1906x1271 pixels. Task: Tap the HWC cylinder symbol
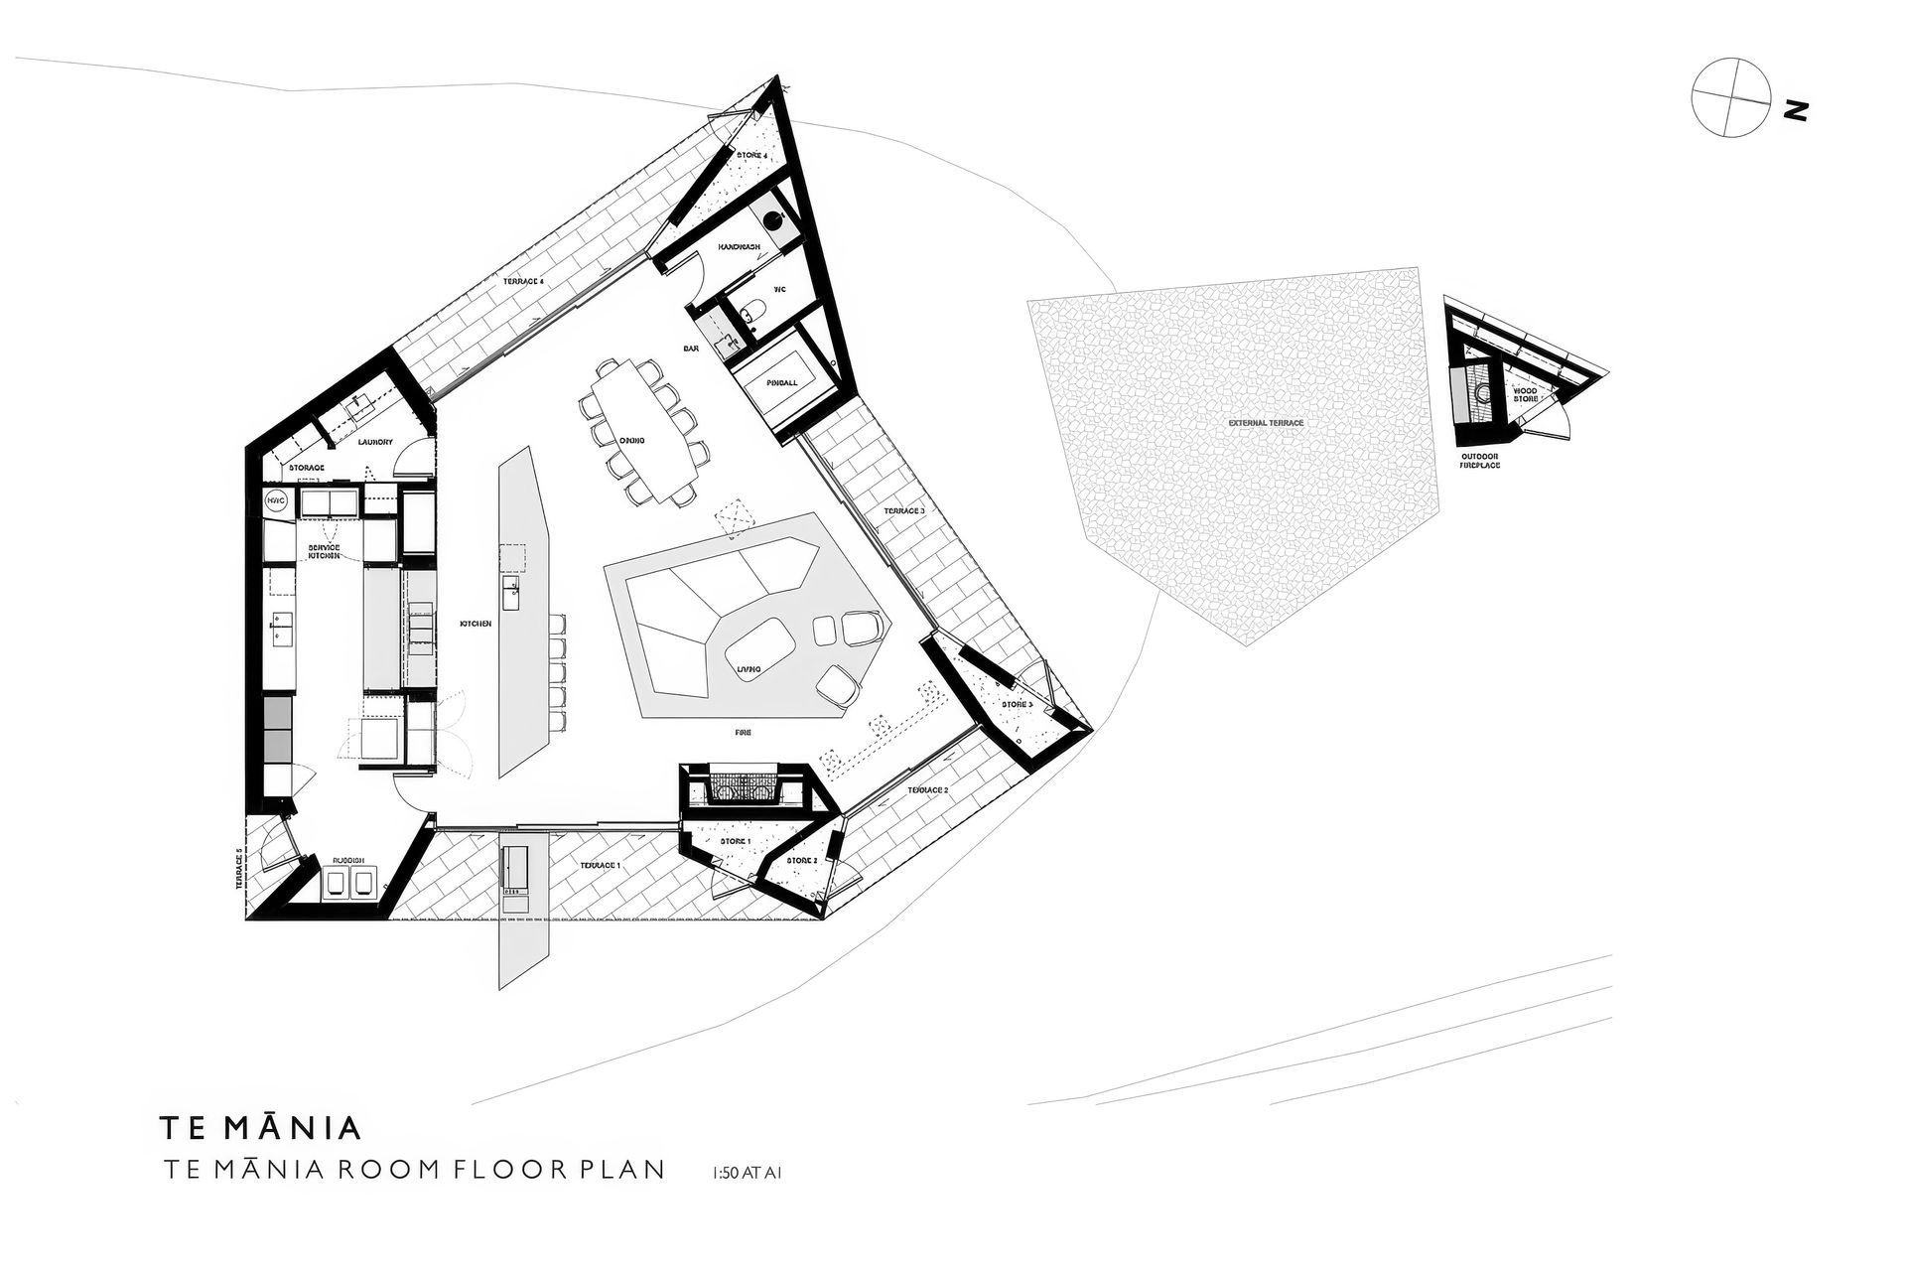[x=276, y=502]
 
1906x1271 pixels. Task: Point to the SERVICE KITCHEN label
[x=324, y=552]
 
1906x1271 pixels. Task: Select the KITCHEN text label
[x=475, y=624]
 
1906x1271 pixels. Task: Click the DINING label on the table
[x=632, y=440]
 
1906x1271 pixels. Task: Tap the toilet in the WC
[x=751, y=311]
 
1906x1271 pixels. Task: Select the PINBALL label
[x=783, y=382]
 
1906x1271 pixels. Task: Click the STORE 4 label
[x=751, y=155]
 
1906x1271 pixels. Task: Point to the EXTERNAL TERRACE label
[x=1265, y=423]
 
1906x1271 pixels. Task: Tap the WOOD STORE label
[x=1526, y=394]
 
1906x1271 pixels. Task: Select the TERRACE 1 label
[x=600, y=866]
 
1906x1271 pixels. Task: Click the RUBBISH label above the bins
[x=347, y=860]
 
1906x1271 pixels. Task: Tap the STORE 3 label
[x=1017, y=704]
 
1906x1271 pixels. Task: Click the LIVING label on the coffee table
[x=749, y=669]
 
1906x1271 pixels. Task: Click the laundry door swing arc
[x=409, y=465]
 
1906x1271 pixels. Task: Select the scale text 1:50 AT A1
[x=747, y=1173]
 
